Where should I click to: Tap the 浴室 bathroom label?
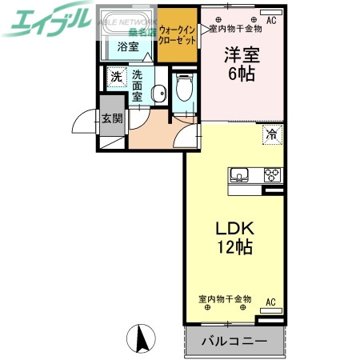tap(128, 46)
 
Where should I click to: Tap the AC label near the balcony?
tap(270, 302)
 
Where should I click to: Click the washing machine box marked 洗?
tap(115, 78)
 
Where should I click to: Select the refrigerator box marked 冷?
tap(271, 134)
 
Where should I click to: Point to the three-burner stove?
tap(272, 175)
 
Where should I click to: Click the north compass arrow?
tap(143, 339)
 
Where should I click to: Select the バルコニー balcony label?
tap(234, 341)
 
